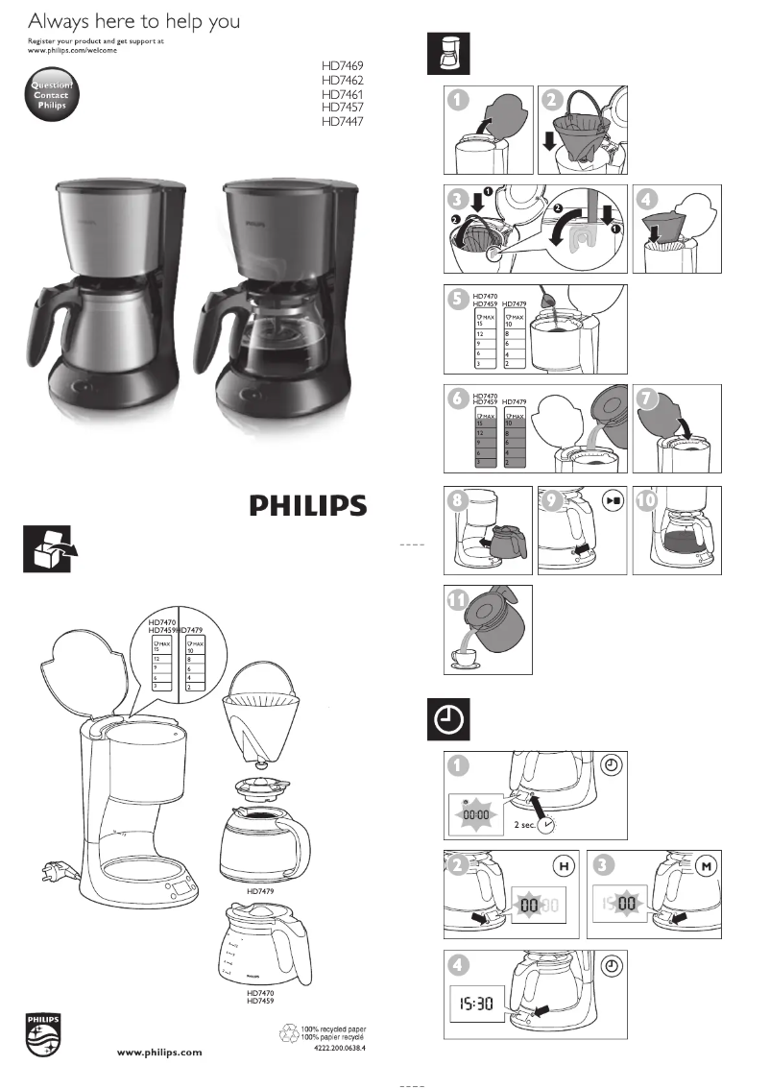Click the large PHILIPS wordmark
tap(308, 506)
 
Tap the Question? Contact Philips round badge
tap(51, 96)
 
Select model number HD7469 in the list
tap(343, 66)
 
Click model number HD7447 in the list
tap(343, 122)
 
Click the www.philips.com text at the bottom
tap(159, 1052)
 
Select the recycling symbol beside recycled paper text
tap(288, 1034)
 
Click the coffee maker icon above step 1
tap(448, 54)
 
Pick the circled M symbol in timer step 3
tap(706, 868)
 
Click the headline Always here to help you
tap(133, 21)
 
